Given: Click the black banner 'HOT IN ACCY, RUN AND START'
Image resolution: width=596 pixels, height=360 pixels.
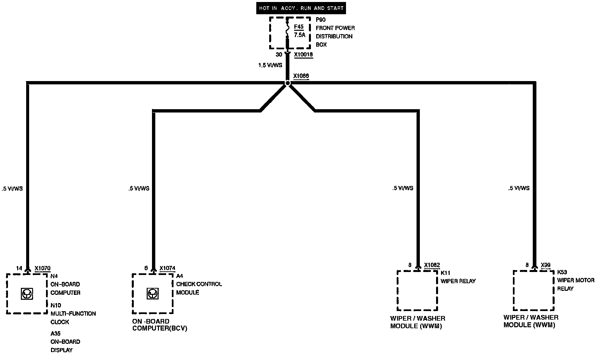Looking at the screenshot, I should click(x=301, y=8).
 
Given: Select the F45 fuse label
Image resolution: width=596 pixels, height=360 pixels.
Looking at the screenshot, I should click(x=299, y=27).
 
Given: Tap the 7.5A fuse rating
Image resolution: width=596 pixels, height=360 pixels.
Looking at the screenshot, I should click(x=299, y=35).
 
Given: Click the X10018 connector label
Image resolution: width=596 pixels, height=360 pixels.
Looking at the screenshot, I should click(x=303, y=55).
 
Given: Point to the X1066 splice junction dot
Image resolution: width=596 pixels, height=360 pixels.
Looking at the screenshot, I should click(x=287, y=83).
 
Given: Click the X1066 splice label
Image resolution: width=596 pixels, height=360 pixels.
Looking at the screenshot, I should click(x=301, y=76).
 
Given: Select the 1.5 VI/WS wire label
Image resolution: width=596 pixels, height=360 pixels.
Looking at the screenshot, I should click(x=270, y=65).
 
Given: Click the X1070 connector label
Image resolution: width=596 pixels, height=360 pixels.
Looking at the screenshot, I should click(x=42, y=268).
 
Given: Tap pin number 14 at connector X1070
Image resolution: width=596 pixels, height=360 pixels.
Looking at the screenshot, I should click(x=19, y=268).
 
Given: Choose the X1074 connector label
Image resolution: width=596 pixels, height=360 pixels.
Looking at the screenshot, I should click(x=167, y=268).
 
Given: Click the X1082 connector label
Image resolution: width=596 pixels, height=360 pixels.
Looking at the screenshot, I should click(x=432, y=265).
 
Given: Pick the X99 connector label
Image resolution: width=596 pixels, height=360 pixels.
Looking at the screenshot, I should click(x=546, y=265).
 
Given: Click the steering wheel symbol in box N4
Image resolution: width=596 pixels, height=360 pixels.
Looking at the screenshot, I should click(x=26, y=294).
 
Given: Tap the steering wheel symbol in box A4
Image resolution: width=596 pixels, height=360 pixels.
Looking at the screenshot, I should click(x=152, y=294).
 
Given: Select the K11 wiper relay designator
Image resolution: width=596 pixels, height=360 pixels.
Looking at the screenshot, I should click(x=445, y=273).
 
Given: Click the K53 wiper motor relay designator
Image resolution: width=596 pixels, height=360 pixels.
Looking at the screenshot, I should click(x=562, y=272).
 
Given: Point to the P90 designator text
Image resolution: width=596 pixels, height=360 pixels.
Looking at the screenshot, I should click(x=321, y=20).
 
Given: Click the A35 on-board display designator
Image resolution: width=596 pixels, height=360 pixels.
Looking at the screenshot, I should click(x=56, y=334).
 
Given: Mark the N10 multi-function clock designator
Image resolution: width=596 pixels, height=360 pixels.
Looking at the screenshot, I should click(x=56, y=305).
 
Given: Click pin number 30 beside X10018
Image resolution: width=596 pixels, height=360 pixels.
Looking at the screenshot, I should click(x=279, y=55).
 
